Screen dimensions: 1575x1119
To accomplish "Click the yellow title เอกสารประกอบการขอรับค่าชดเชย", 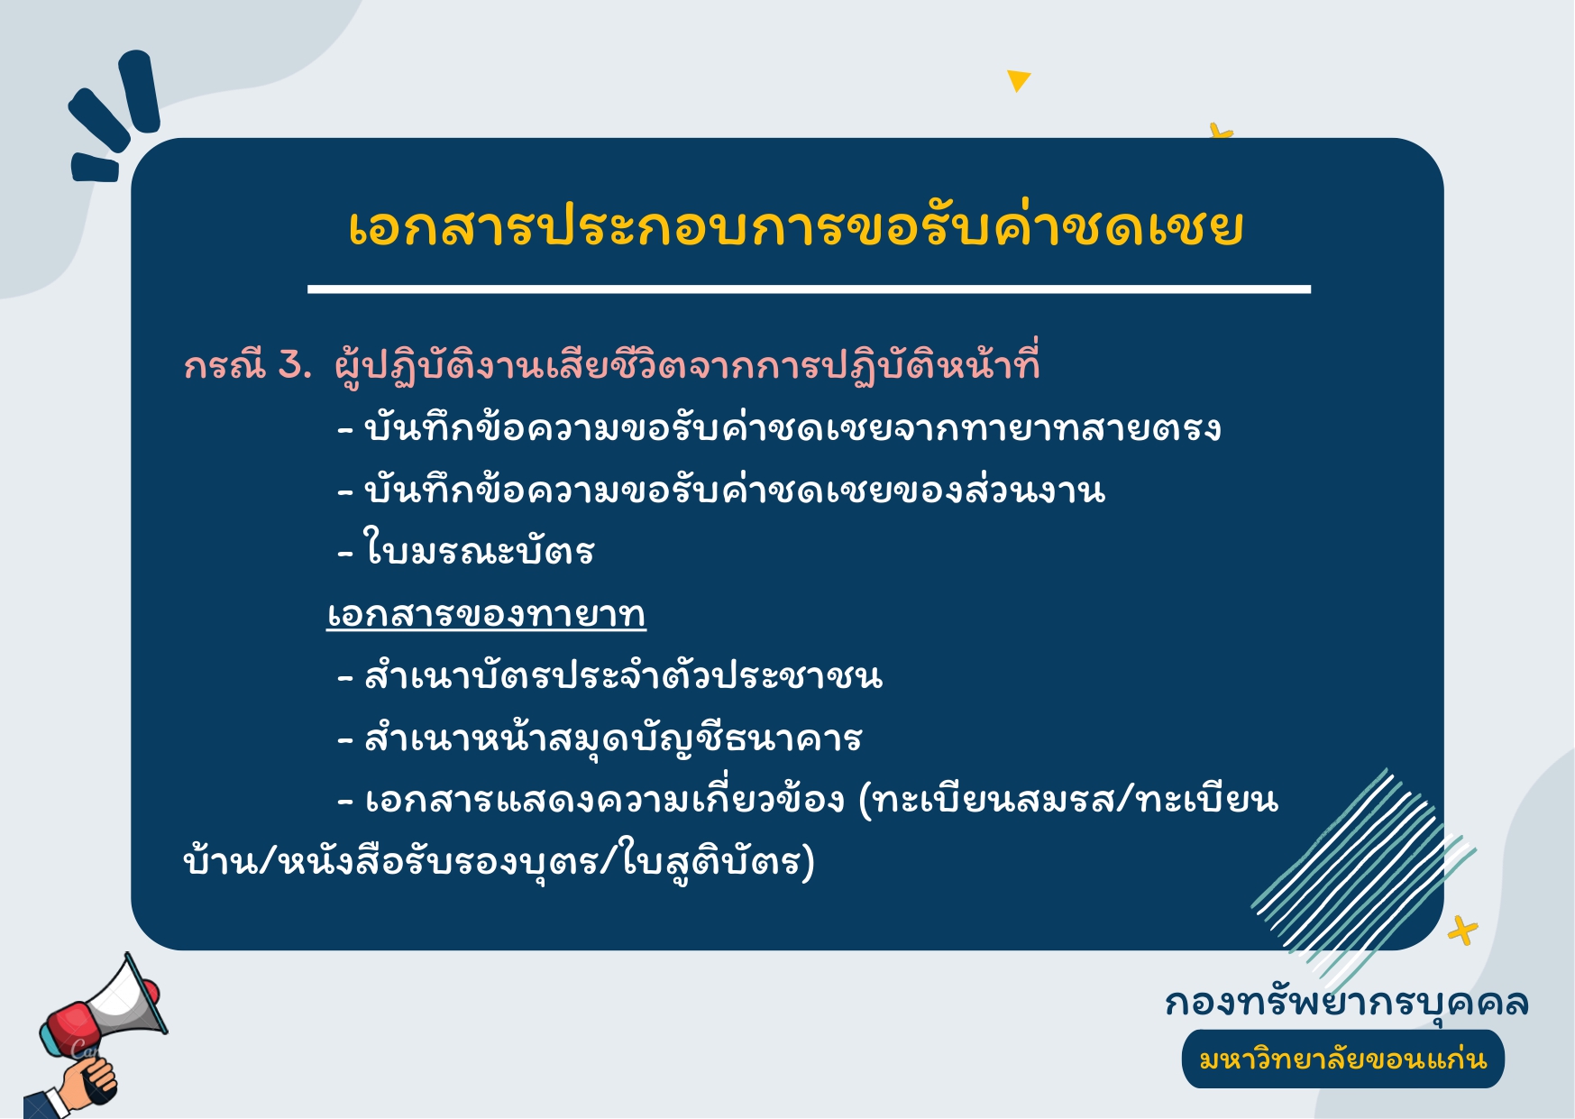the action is (795, 227).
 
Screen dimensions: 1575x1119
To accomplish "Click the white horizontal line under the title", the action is (809, 289).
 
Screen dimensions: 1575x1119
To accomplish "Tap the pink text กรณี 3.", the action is (248, 366).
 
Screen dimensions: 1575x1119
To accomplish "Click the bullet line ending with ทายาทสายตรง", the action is (779, 427).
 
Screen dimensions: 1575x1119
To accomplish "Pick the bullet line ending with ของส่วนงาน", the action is (721, 490).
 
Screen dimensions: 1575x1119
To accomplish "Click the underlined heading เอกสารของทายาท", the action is (486, 615).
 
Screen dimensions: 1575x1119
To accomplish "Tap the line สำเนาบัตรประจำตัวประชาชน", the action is (610, 675).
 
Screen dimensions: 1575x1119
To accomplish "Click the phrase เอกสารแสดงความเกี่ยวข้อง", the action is (604, 799).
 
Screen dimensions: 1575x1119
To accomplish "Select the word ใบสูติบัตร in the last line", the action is (711, 861).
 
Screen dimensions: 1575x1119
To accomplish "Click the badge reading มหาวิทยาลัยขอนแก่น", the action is (1342, 1059).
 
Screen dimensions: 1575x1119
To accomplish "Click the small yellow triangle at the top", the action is (1018, 80).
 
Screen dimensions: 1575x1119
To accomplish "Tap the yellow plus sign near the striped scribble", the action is (1462, 931).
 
